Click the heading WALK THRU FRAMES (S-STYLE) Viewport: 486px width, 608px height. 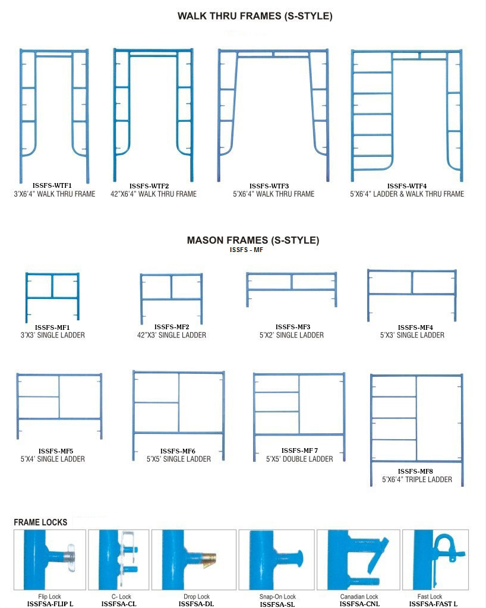[x=255, y=16]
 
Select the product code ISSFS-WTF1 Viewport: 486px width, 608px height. [x=52, y=185]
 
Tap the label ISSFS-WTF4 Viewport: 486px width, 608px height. [x=406, y=186]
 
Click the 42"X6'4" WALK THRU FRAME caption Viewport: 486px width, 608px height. [x=153, y=194]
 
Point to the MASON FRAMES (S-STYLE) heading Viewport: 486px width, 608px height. [x=253, y=240]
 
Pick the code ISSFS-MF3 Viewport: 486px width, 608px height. [x=292, y=327]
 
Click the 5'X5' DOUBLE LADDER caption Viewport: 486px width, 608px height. [x=299, y=459]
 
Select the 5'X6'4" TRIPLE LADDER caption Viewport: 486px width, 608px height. [x=417, y=480]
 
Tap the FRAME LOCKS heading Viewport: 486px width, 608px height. [x=40, y=522]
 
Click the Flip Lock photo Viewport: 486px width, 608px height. [x=49, y=559]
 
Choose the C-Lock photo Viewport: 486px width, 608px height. [x=119, y=559]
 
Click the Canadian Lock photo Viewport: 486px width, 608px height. [x=358, y=559]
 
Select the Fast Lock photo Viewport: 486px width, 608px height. [x=435, y=559]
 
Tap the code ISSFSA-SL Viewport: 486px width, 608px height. [x=277, y=604]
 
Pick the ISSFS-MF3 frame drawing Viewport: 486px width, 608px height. [x=292, y=289]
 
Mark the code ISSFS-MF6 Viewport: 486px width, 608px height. [x=178, y=451]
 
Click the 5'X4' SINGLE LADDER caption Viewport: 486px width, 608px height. [x=53, y=459]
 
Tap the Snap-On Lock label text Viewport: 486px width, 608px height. [x=277, y=596]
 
